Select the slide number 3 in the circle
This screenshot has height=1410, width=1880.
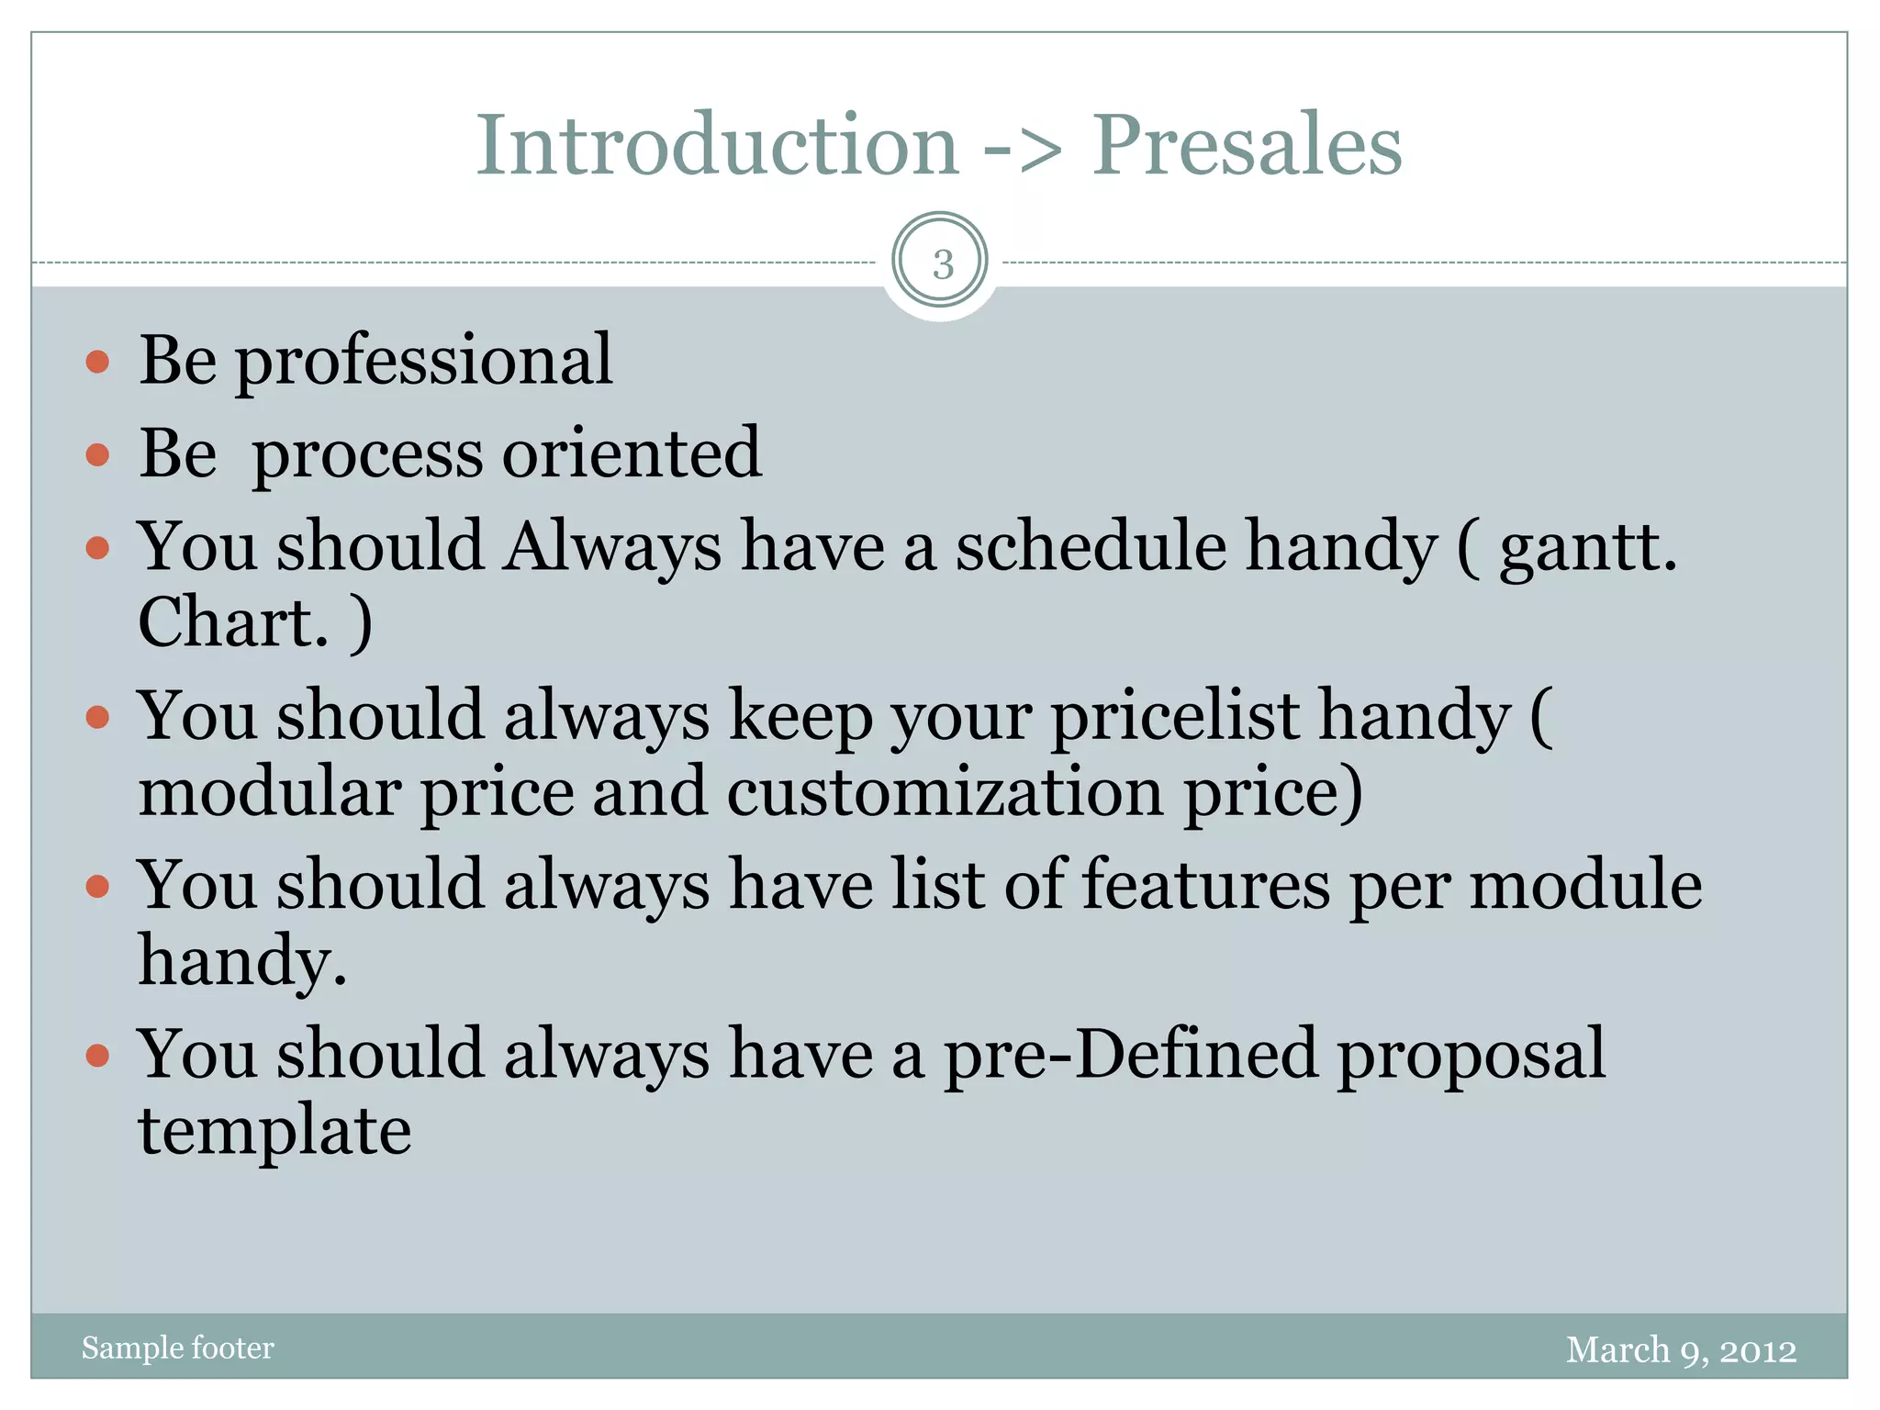(941, 263)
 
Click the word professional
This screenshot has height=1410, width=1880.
(423, 362)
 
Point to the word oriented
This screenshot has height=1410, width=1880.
(632, 453)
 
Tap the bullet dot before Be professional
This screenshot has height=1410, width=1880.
(97, 362)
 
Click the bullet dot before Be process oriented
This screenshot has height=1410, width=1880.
(97, 454)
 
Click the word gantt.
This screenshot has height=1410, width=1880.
(1587, 549)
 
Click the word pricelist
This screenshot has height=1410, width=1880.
(1176, 717)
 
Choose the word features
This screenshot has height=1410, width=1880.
(1205, 885)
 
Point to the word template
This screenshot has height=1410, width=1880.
(274, 1132)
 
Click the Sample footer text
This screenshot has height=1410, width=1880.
(178, 1348)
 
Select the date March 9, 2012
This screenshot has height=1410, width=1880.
(1681, 1350)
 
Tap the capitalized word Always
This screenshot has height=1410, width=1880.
(612, 549)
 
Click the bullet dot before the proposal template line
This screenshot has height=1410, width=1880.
(97, 1056)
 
